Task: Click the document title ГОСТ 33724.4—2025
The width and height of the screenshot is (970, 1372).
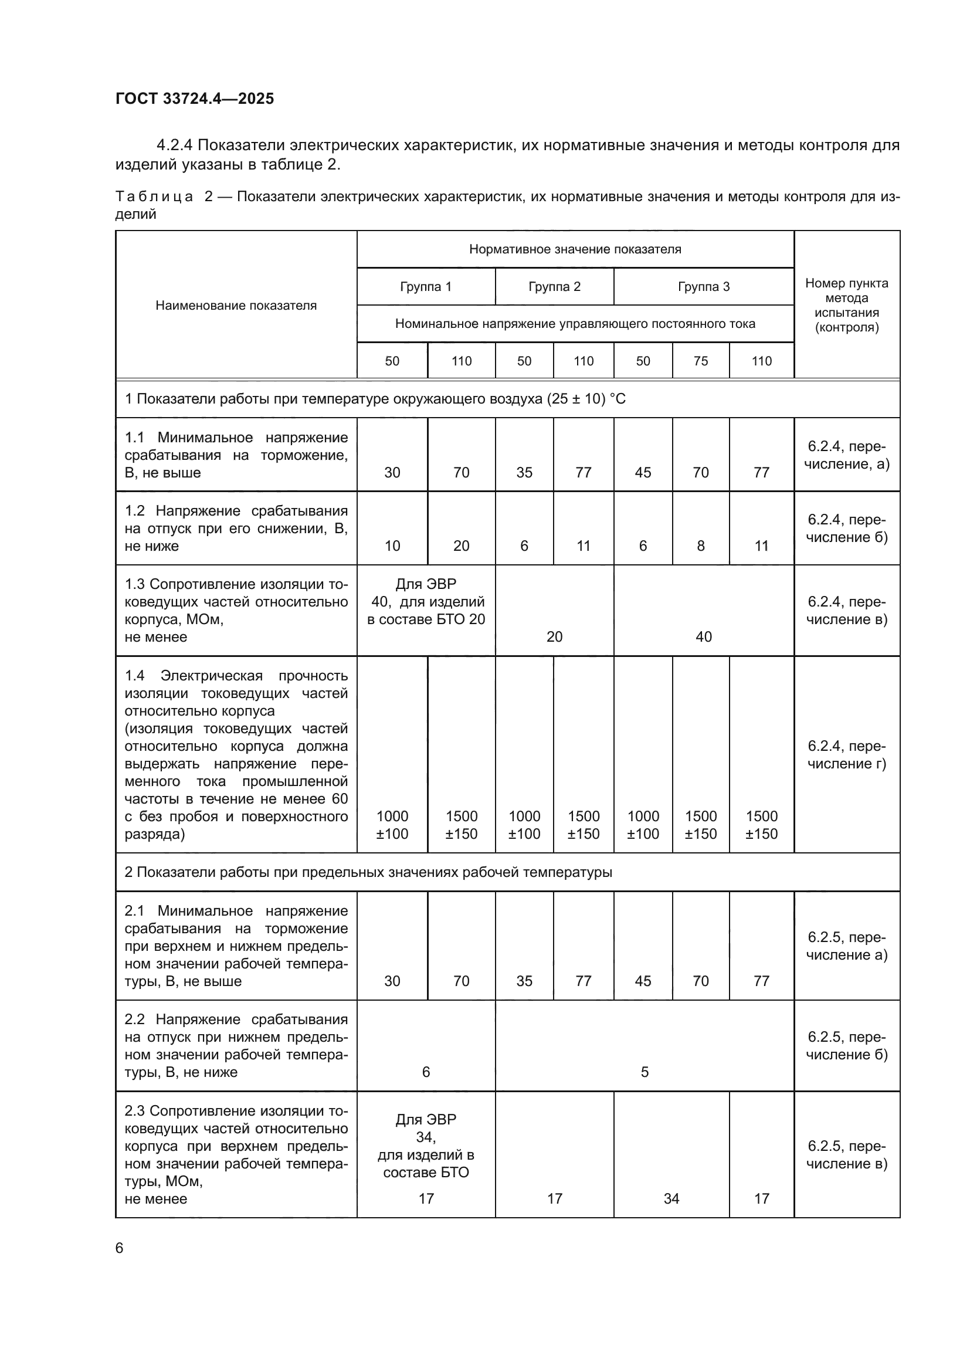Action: (x=195, y=99)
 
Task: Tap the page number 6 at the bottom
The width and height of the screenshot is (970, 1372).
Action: (x=120, y=1248)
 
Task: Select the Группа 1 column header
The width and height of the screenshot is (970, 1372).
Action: (x=425, y=287)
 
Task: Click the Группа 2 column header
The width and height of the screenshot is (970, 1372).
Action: (x=554, y=287)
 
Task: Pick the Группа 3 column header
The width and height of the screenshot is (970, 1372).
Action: (x=703, y=287)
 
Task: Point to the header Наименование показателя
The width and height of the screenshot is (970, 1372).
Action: (x=236, y=306)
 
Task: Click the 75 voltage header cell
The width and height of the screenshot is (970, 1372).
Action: (x=700, y=361)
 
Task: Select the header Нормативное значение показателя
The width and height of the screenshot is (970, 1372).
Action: (x=575, y=249)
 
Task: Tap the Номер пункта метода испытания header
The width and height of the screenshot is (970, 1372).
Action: (x=846, y=306)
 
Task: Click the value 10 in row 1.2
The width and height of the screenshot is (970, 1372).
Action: (x=392, y=546)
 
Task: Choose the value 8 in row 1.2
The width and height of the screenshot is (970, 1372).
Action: (x=700, y=546)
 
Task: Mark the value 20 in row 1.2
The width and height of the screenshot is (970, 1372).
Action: (x=461, y=546)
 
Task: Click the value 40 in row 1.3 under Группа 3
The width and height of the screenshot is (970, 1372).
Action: (x=703, y=636)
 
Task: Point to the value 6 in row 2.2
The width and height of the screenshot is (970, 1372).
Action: (x=425, y=1072)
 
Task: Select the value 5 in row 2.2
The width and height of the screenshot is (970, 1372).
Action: (x=644, y=1072)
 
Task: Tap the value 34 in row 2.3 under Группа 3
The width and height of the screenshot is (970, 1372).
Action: (x=671, y=1199)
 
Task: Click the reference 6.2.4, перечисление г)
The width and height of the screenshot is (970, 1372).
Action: (x=846, y=755)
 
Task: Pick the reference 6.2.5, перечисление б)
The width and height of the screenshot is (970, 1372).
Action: (x=846, y=1046)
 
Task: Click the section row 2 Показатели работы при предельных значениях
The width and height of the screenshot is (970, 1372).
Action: (x=368, y=872)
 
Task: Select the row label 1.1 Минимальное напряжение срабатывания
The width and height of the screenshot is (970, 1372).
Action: (x=236, y=455)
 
